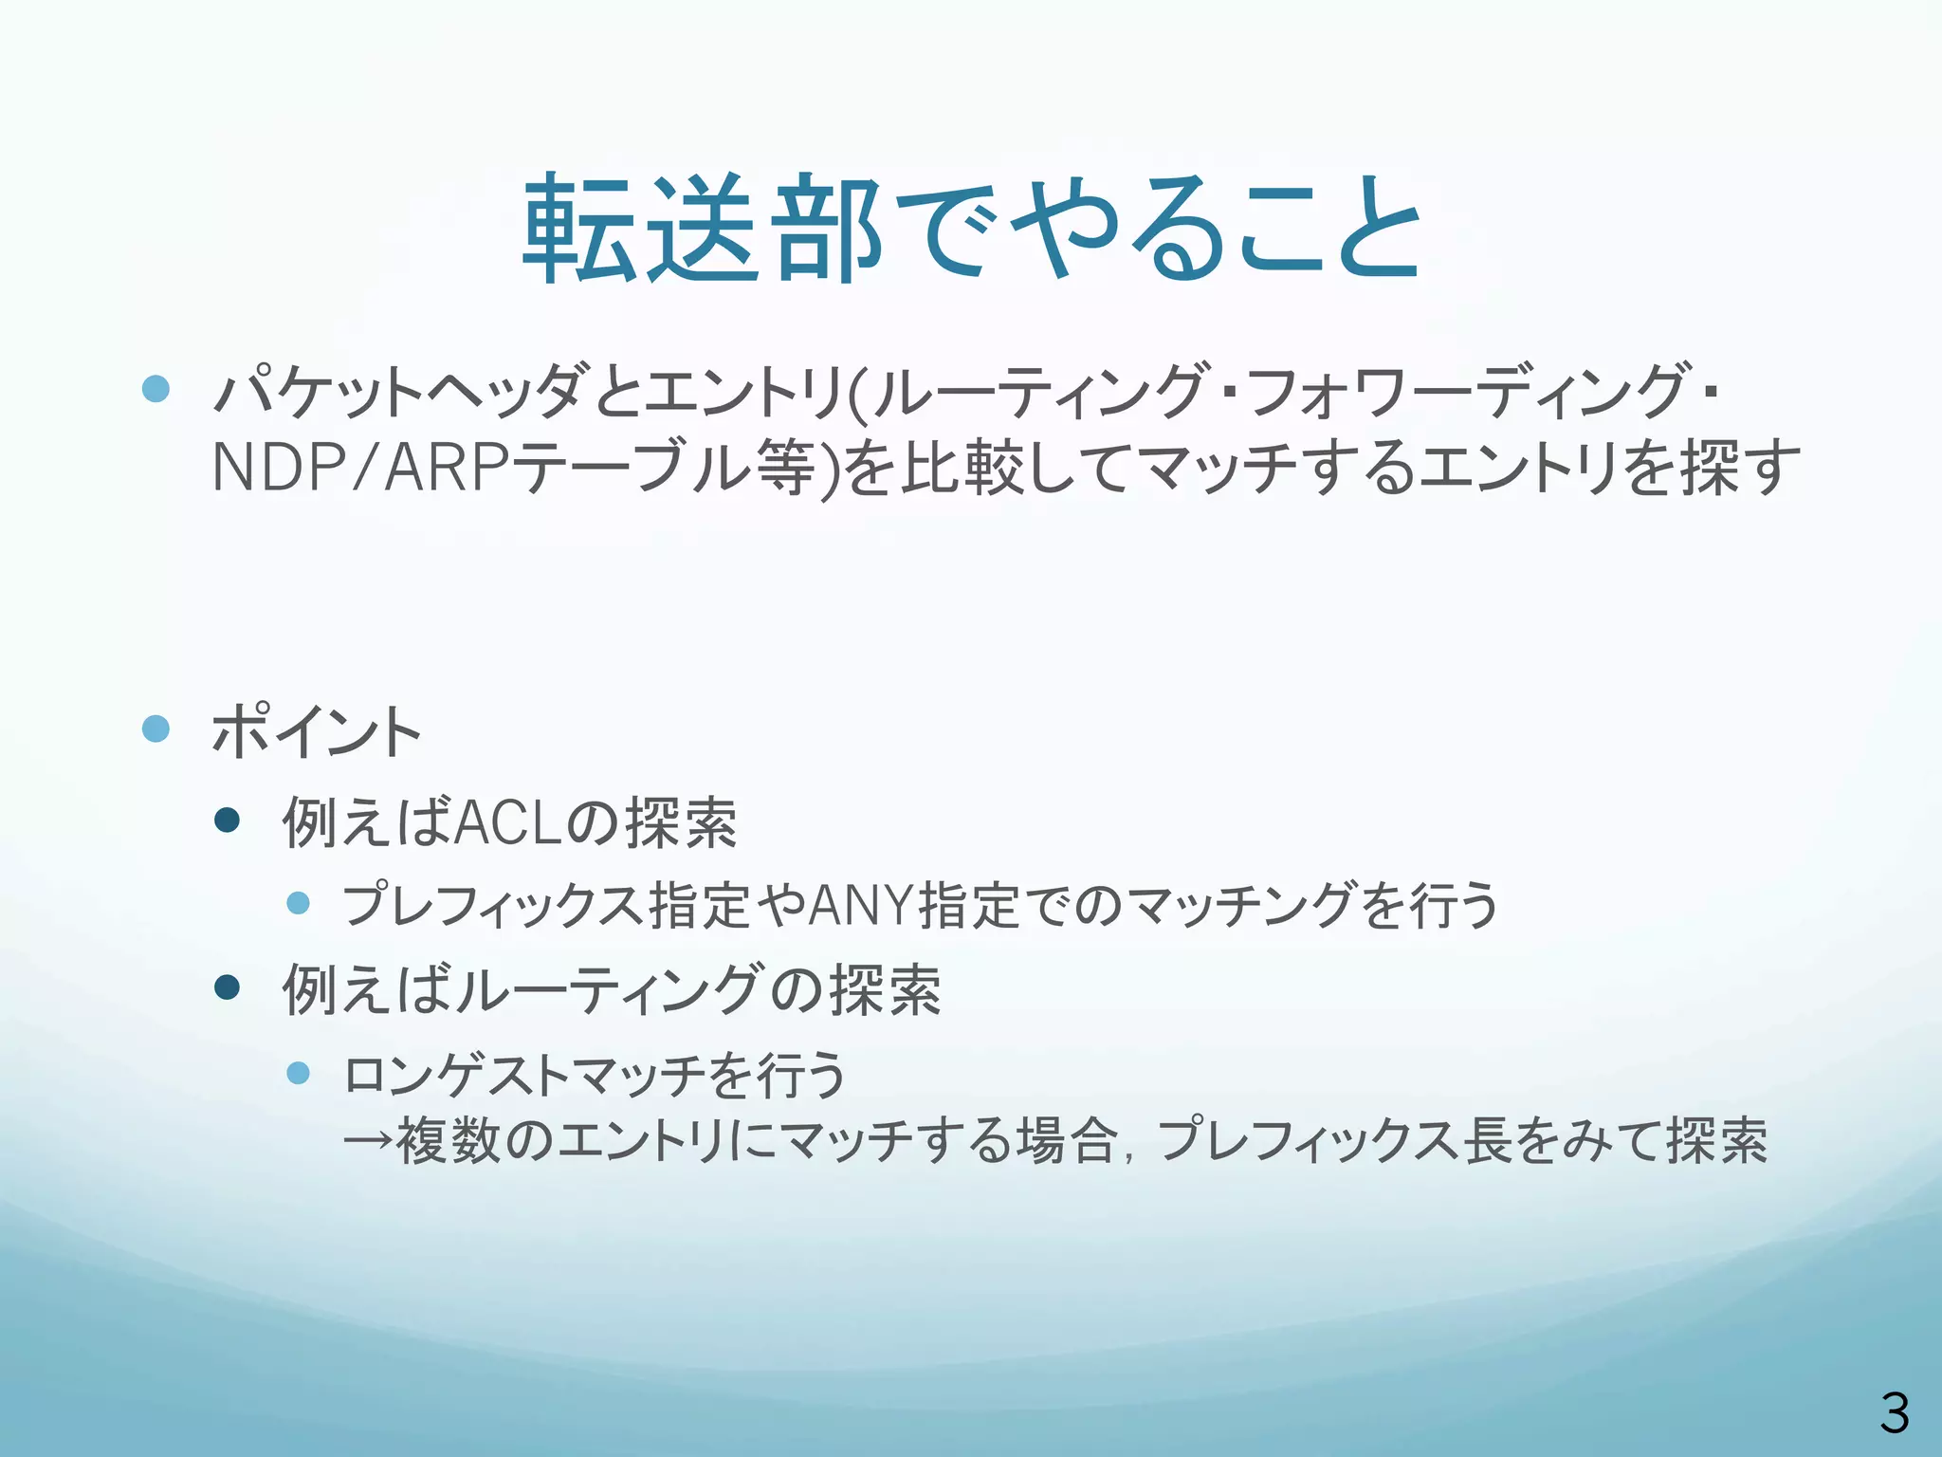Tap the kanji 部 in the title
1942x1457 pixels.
coord(827,230)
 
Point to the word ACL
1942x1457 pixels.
coord(508,822)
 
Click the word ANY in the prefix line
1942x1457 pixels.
coord(861,905)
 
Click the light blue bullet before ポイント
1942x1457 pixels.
coord(156,728)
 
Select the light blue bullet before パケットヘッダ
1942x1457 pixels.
coord(156,388)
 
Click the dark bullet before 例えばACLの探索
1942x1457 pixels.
coord(228,820)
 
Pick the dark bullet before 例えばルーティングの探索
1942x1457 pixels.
coord(228,987)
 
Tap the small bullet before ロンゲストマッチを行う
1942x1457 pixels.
coord(299,1073)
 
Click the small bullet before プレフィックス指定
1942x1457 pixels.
coord(299,903)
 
